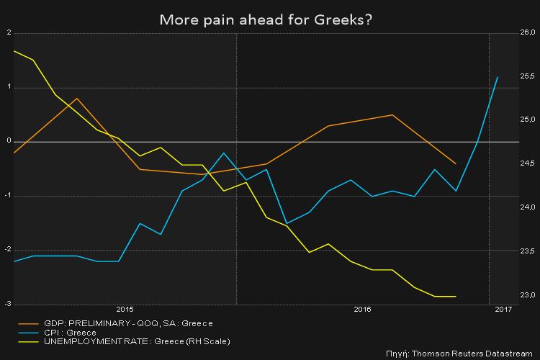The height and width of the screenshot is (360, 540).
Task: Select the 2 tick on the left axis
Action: tap(8, 33)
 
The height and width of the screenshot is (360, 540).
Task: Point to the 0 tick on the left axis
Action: tap(8, 142)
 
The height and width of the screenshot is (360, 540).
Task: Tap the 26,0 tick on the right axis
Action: tap(528, 33)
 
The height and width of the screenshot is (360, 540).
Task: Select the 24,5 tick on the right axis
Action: tap(528, 164)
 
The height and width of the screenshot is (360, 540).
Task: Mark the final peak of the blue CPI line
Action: tap(498, 77)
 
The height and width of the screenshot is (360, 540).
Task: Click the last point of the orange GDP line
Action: tap(456, 163)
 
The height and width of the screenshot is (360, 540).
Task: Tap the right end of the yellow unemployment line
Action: tap(456, 296)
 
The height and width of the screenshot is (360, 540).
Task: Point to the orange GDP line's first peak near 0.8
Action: tap(76, 98)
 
